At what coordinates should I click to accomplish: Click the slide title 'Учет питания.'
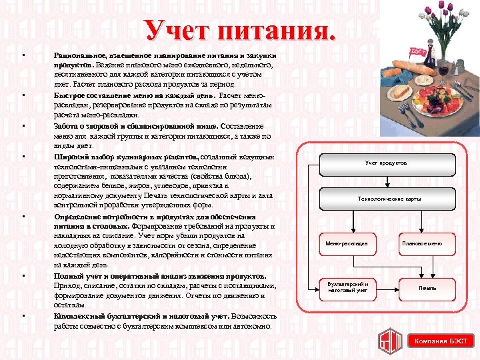241,29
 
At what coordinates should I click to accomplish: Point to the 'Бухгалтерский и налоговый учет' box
347,287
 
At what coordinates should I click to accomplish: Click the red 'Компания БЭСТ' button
441,341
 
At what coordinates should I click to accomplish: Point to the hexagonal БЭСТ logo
389,340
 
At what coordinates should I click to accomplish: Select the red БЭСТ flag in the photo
418,51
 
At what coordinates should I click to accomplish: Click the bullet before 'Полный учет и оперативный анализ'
23,277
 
